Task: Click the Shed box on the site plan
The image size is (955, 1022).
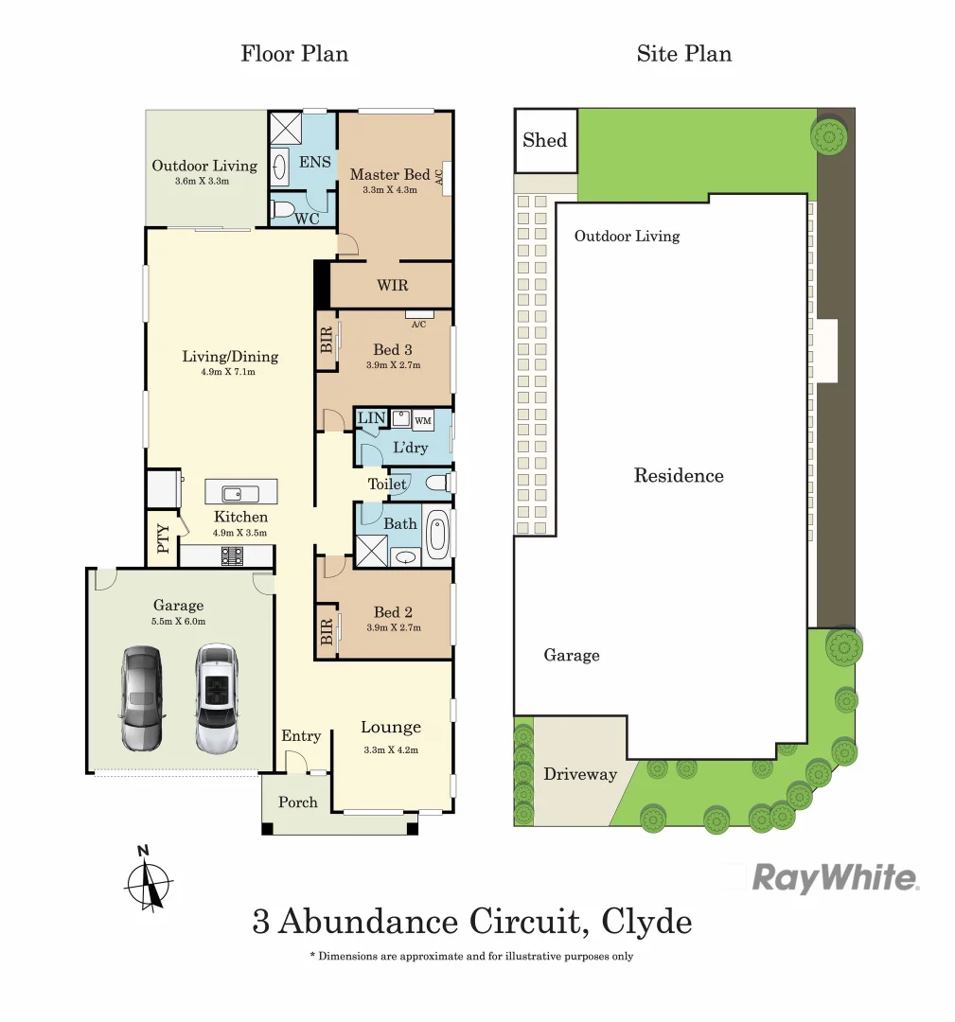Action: (545, 140)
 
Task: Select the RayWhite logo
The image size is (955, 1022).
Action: (835, 878)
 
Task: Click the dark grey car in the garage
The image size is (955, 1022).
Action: (141, 699)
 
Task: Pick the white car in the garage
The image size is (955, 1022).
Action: (215, 699)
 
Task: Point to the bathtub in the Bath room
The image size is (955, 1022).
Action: (437, 537)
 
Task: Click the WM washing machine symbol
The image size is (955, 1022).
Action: (423, 420)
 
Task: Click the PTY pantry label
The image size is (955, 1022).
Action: (163, 539)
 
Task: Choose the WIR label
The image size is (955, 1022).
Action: (393, 285)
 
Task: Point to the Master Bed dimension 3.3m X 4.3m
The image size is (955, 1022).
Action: (389, 190)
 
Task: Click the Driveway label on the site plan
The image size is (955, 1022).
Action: (580, 774)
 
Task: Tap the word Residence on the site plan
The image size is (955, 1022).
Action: (679, 476)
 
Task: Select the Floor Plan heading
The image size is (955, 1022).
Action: (294, 53)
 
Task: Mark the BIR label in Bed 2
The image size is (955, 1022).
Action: (327, 632)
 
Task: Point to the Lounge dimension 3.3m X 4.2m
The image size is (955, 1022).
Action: (390, 749)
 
